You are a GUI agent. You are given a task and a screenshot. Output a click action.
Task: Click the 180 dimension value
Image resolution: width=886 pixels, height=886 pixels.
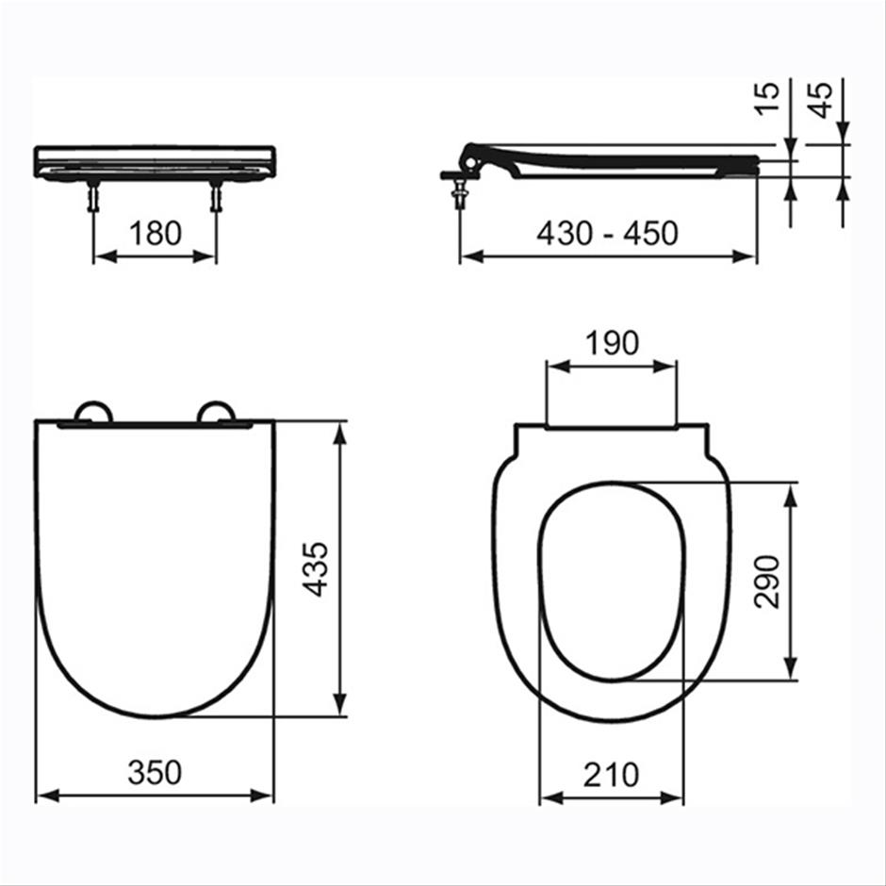tap(155, 232)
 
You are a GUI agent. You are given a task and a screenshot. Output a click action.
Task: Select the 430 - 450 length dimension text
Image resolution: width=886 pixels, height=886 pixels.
tap(607, 232)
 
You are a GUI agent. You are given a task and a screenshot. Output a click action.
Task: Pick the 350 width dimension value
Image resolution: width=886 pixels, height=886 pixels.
tap(155, 773)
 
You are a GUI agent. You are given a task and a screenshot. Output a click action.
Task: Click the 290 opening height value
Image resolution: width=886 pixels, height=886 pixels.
tap(768, 582)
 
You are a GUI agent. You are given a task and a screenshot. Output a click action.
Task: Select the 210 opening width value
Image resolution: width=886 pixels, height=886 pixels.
tap(611, 774)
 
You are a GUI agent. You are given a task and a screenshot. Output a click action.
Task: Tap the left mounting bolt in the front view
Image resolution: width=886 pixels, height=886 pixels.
tap(93, 198)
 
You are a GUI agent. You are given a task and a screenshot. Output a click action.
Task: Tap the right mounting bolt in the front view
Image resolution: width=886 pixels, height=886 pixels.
tap(216, 198)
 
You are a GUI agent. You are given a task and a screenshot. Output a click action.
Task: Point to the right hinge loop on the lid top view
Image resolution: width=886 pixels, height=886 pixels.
tap(216, 412)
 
